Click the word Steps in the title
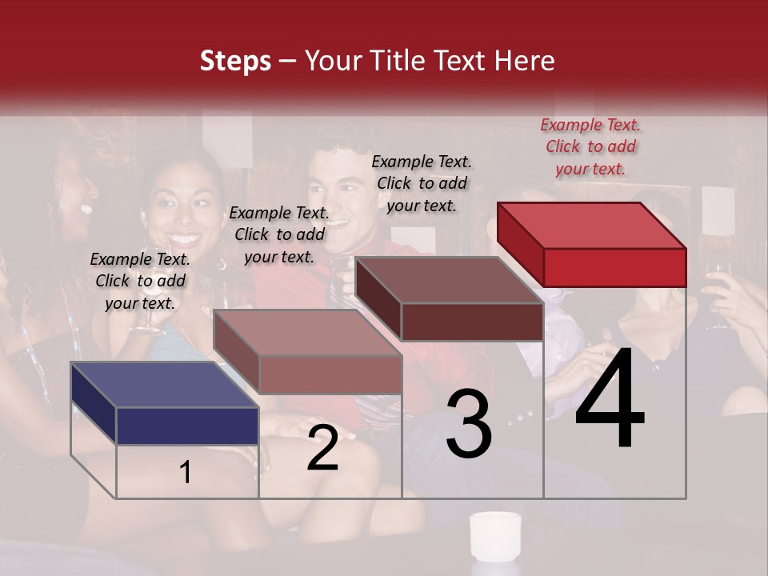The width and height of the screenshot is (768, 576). (235, 61)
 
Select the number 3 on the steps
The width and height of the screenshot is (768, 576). (469, 424)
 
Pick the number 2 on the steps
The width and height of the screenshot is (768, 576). (322, 449)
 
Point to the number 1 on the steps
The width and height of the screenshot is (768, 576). (185, 473)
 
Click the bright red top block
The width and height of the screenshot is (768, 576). (592, 244)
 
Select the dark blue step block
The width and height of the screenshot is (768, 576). (165, 403)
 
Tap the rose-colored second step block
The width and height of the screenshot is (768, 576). (307, 352)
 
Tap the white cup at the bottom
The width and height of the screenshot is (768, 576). (494, 535)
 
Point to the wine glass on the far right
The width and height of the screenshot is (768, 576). (718, 288)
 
